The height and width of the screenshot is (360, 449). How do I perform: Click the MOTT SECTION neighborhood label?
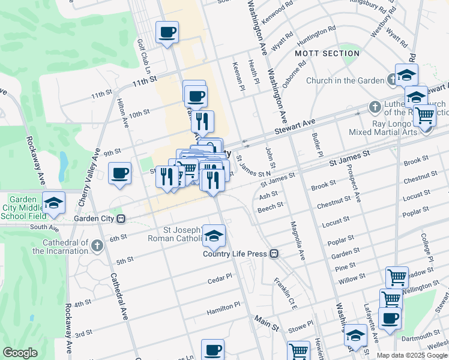coord(328,53)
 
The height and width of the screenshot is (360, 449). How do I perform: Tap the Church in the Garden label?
coord(345,81)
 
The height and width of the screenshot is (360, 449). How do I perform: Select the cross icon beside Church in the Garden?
coord(391,79)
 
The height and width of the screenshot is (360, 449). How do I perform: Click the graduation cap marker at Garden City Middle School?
coord(53,203)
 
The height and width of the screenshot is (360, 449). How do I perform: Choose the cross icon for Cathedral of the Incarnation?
coord(98,245)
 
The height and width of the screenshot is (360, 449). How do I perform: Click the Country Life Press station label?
coord(235,254)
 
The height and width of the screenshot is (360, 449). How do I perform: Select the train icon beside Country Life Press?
coord(274,254)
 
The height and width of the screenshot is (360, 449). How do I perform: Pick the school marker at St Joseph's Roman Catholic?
coord(213,236)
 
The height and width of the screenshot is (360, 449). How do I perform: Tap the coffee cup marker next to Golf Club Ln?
coord(167,32)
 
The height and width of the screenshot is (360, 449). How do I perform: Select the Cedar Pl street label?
coord(219,279)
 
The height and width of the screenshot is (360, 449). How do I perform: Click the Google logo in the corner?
coord(20,353)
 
